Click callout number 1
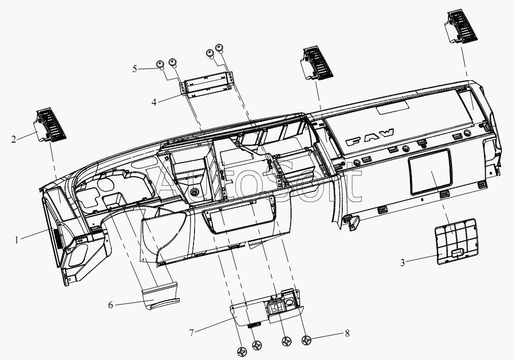[x=16, y=240]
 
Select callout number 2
[x=13, y=140]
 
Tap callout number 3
[x=403, y=263]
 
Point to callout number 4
[x=154, y=102]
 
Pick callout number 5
[x=135, y=69]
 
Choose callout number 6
[x=111, y=305]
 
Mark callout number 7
[x=191, y=333]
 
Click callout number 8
[x=347, y=334]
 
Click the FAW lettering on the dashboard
[x=370, y=137]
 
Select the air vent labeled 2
[x=50, y=124]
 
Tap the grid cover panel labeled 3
[x=456, y=241]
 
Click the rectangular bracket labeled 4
[x=207, y=84]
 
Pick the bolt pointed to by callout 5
[x=160, y=64]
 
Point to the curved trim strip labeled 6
[x=161, y=296]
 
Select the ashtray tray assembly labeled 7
[x=267, y=307]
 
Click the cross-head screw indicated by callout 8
[x=307, y=341]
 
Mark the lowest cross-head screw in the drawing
[x=242, y=352]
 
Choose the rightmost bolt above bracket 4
[x=219, y=48]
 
